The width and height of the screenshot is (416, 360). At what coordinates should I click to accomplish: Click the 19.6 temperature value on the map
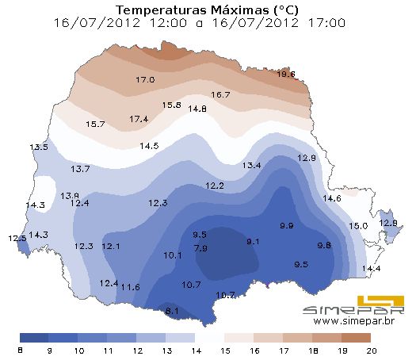286,75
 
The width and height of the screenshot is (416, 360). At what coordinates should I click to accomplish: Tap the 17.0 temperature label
145,80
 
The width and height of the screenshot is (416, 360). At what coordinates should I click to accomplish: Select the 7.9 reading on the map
200,248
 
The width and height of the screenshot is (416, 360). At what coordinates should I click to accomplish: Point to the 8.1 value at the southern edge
172,311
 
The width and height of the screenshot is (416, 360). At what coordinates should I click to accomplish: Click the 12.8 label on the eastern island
388,223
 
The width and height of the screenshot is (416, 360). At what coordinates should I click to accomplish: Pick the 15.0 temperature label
358,226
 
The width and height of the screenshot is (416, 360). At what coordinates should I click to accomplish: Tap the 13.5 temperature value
38,147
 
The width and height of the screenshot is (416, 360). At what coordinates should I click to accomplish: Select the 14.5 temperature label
149,146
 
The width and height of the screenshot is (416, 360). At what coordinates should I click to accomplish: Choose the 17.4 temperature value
139,119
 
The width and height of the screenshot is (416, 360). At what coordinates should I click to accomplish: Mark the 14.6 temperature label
331,198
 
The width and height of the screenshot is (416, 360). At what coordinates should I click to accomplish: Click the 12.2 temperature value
215,186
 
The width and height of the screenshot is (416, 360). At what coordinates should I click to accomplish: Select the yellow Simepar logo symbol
380,303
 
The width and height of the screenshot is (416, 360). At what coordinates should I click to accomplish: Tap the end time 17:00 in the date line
326,23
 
